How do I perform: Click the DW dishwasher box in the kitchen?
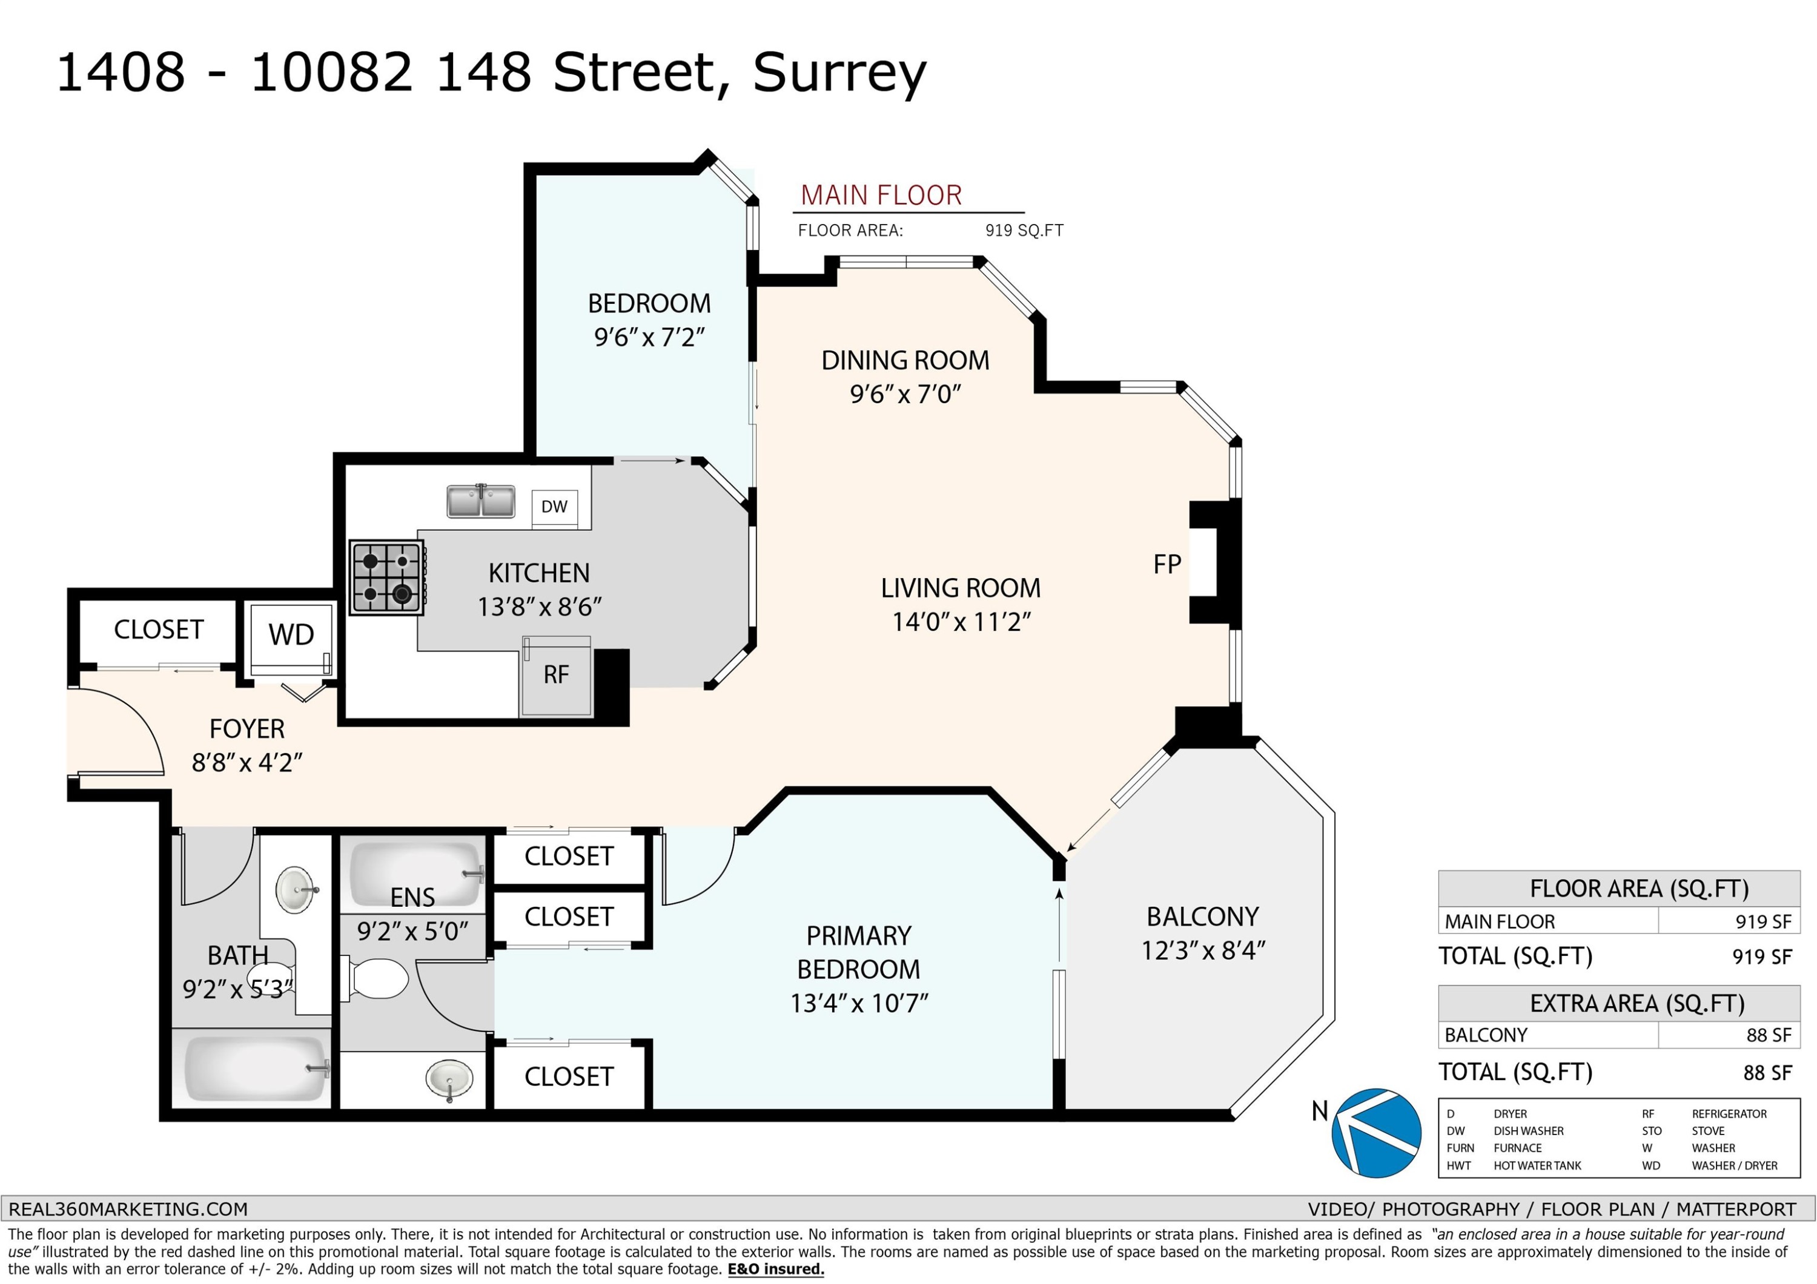[554, 506]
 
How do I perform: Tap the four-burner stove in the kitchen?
[387, 578]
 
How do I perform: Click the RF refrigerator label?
[557, 675]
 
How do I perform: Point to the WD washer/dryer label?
[291, 634]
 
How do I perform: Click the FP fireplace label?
[1167, 564]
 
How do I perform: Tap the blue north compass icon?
[1376, 1133]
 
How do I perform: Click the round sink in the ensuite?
[449, 1080]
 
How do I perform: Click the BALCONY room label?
[1203, 917]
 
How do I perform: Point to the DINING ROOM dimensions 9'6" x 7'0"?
[905, 394]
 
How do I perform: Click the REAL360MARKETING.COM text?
[128, 1209]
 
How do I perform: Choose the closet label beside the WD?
[159, 630]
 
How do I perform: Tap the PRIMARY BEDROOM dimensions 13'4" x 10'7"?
[859, 1003]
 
